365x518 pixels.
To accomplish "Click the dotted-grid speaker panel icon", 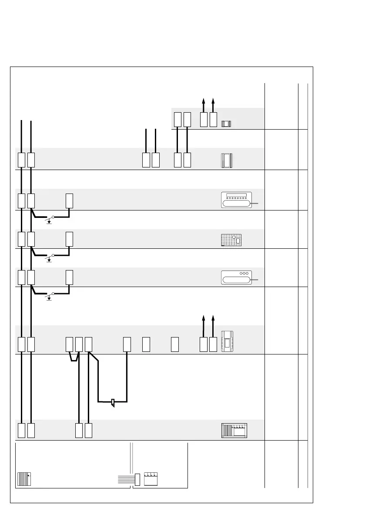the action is pos(231,240).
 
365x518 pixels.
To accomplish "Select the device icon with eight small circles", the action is pos(236,200).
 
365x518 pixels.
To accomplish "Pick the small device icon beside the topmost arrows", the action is pos(226,124).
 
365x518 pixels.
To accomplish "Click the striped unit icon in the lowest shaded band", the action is pos(234,430).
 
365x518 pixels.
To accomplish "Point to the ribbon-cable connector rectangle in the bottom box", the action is pos(137,479).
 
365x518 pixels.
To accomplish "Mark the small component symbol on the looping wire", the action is pos(113,402).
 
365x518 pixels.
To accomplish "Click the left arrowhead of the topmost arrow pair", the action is pos(203,100).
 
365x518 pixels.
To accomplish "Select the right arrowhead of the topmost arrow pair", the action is pos(213,100).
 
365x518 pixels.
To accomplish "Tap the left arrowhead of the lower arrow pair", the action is pos(203,318).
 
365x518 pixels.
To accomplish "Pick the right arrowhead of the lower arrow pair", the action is pos(213,318).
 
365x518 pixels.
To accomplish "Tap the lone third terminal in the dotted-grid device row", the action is pos(69,239).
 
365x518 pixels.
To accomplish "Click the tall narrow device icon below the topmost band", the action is pos(227,160).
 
